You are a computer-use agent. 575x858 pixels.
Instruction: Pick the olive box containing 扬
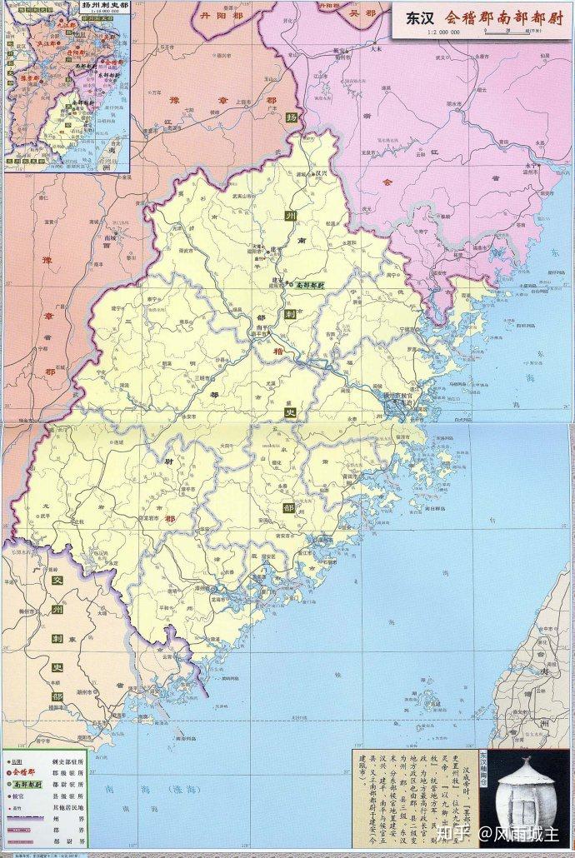tap(291, 117)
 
